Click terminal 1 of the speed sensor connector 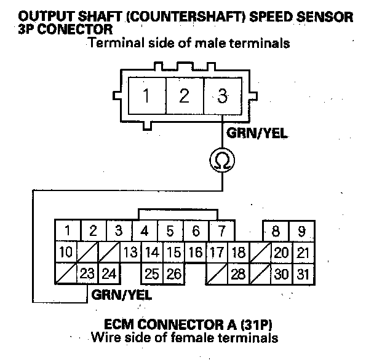[x=147, y=96]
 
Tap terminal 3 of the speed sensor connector [x=222, y=96]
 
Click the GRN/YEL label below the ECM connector [x=122, y=295]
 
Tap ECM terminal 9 [x=301, y=232]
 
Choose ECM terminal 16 [x=195, y=252]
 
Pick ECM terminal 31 [x=301, y=273]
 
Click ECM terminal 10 [x=66, y=252]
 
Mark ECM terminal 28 [x=237, y=273]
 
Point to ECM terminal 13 [x=130, y=252]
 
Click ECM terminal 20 [x=282, y=252]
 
